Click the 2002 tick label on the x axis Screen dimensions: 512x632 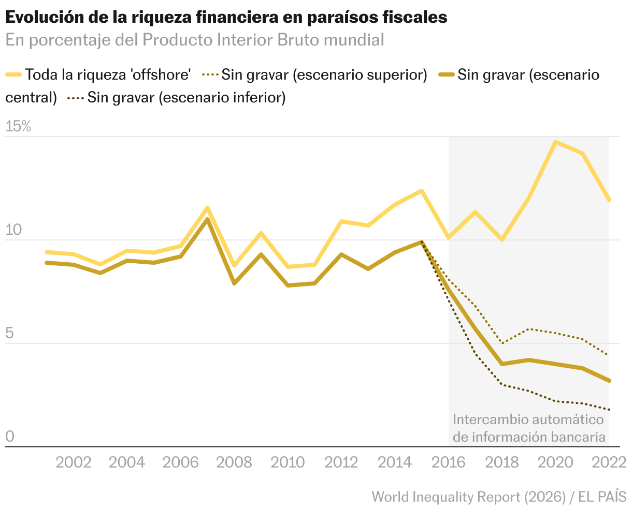pos(73,462)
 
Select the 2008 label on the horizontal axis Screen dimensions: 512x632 pos(234,462)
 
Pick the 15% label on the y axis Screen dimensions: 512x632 pos(19,127)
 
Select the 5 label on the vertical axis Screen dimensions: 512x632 pos(10,334)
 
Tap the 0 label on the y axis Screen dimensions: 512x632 pos(10,437)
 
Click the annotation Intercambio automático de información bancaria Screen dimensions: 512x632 pos(528,428)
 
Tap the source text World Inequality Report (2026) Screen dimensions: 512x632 pos(468,497)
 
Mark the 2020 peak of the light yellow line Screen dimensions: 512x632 pos(555,142)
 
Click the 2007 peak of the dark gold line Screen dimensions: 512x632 pos(207,219)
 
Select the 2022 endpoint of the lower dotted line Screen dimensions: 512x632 pos(609,410)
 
